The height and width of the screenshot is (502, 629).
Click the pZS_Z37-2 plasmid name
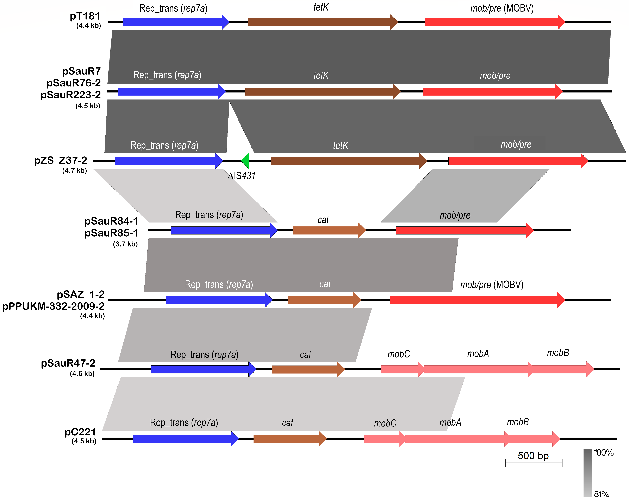click(61, 160)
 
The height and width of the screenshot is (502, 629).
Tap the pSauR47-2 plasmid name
click(68, 363)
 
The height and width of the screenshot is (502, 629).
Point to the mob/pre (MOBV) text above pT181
click(502, 8)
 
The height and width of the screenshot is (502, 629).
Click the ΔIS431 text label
click(242, 176)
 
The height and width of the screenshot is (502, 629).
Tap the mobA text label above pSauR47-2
click(478, 354)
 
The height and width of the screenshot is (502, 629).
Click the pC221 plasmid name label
click(80, 432)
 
